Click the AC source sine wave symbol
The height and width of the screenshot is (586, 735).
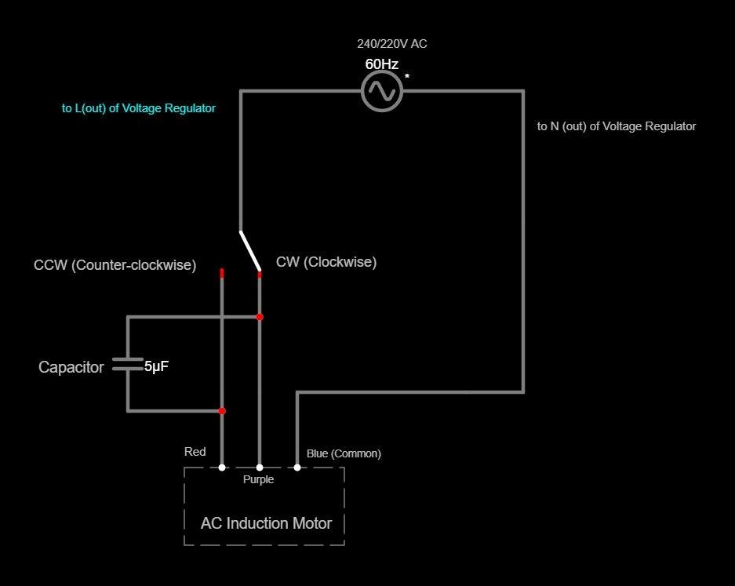pyautogui.click(x=382, y=92)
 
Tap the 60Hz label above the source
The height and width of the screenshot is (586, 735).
pyautogui.click(x=381, y=64)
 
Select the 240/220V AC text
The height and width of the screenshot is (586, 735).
pyautogui.click(x=391, y=44)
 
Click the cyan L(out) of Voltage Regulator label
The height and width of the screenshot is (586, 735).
pyautogui.click(x=139, y=108)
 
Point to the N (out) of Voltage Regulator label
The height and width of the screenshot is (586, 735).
pyautogui.click(x=616, y=126)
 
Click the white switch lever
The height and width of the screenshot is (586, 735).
pyautogui.click(x=249, y=250)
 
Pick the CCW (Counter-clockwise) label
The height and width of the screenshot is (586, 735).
pyautogui.click(x=115, y=265)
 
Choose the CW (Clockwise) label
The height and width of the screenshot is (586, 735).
pyautogui.click(x=326, y=262)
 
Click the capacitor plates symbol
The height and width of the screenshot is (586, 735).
pyautogui.click(x=128, y=364)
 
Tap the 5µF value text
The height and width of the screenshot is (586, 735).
pyautogui.click(x=157, y=366)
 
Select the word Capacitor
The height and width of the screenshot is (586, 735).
pyautogui.click(x=71, y=367)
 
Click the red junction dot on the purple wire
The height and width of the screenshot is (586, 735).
pyautogui.click(x=260, y=317)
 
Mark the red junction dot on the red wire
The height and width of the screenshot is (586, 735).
pyautogui.click(x=222, y=411)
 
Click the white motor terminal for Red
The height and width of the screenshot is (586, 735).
pyautogui.click(x=222, y=468)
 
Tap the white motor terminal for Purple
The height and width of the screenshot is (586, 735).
pyautogui.click(x=260, y=468)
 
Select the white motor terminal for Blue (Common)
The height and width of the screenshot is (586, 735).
pyautogui.click(x=297, y=468)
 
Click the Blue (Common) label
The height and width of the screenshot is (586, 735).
pyautogui.click(x=344, y=453)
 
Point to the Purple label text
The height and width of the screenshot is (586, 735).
pyautogui.click(x=258, y=480)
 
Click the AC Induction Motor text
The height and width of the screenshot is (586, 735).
pyautogui.click(x=266, y=523)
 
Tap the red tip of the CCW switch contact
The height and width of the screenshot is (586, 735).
pyautogui.click(x=222, y=272)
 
